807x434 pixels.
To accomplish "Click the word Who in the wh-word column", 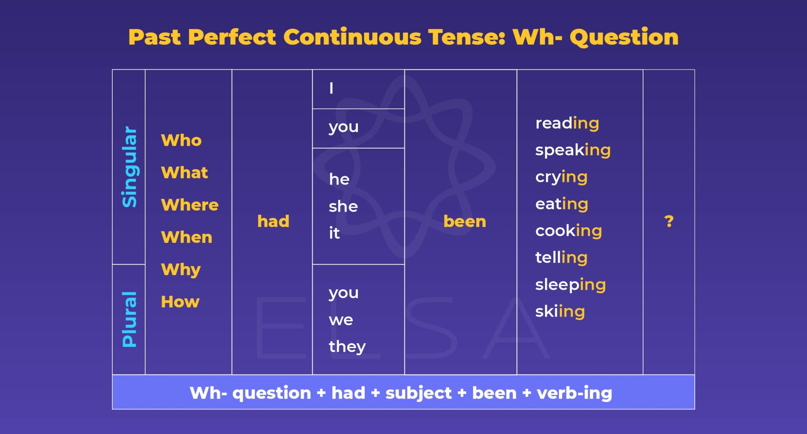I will (x=181, y=140).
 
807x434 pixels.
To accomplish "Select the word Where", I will (x=190, y=205).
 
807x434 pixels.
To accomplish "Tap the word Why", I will (x=181, y=270).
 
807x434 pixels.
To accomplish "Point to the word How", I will (x=180, y=302).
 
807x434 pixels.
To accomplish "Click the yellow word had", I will (x=273, y=221).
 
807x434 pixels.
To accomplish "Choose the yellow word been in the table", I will (x=465, y=221).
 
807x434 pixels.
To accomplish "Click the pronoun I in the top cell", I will (x=331, y=88).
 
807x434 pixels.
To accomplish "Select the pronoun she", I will (x=343, y=207).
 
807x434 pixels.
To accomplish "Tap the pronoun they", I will (x=347, y=347).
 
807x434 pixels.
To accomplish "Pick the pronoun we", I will (x=341, y=320).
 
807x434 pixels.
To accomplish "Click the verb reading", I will (x=567, y=123).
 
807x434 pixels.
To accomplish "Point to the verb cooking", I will (x=569, y=231).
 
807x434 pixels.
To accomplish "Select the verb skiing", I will (x=560, y=311).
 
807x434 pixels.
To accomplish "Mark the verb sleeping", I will (x=570, y=285).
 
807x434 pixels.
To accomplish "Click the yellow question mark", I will (x=669, y=221).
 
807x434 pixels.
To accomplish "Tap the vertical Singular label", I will (x=129, y=166).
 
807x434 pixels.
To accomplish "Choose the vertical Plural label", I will (x=129, y=319).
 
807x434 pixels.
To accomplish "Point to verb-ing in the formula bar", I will (x=574, y=393).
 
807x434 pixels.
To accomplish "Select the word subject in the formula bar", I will (x=418, y=393).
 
